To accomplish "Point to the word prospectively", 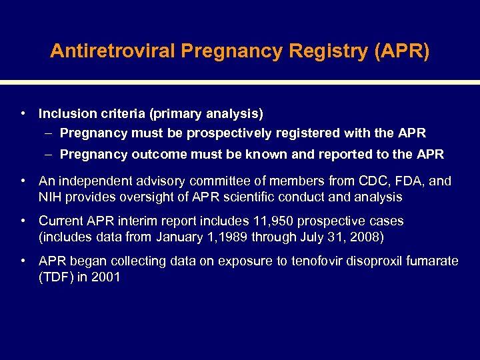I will [x=228, y=133].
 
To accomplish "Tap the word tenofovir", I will [x=317, y=261].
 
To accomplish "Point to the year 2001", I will [x=105, y=277].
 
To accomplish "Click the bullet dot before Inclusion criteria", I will [x=23, y=114].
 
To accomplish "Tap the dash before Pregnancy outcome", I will [x=51, y=155].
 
